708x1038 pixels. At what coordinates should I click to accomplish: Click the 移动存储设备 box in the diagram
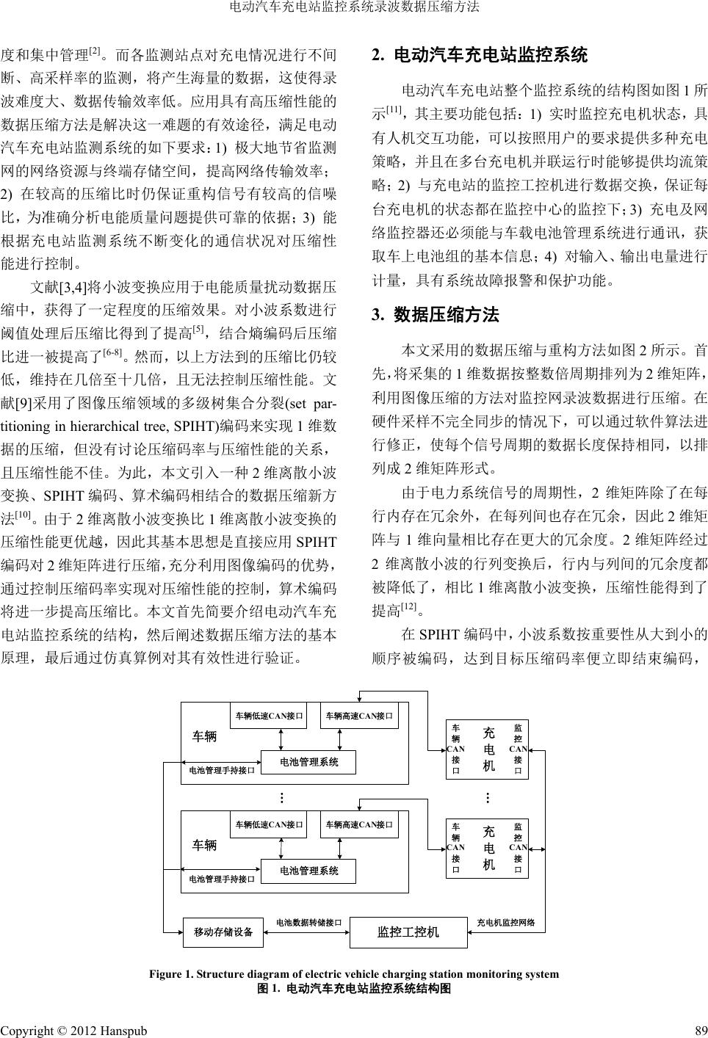223,932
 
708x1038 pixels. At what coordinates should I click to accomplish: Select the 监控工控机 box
408,932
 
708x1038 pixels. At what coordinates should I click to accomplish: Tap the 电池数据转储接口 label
308,922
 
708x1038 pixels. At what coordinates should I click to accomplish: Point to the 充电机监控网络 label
506,922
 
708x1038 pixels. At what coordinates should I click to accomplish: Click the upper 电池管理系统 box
309,763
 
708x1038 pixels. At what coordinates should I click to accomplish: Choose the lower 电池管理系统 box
309,871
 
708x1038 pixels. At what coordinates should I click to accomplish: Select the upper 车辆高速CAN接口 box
359,715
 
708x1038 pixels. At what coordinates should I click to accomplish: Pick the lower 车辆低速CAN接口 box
270,824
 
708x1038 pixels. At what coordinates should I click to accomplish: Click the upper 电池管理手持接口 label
222,770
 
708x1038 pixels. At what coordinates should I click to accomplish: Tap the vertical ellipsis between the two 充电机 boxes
487,798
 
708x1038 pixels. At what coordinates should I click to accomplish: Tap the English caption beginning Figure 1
354,974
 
